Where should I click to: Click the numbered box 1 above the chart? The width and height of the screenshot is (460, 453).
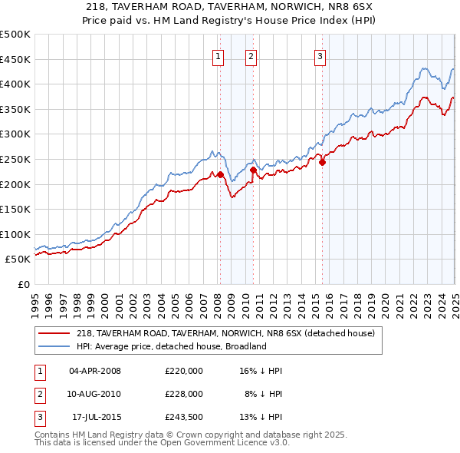coord(219,55)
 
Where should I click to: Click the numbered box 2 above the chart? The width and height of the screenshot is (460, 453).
coord(251,55)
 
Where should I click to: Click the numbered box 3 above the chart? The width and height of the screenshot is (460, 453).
coord(320,55)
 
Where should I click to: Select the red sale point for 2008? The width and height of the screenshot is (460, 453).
coord(220,174)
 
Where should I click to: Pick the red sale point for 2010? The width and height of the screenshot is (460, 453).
coord(253,170)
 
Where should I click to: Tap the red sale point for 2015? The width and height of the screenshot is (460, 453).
coord(322,162)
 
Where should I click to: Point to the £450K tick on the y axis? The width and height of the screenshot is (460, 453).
coord(15,59)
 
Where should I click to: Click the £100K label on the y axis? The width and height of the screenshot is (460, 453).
coord(15,234)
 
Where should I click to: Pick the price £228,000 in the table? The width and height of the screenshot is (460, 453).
coord(183,394)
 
